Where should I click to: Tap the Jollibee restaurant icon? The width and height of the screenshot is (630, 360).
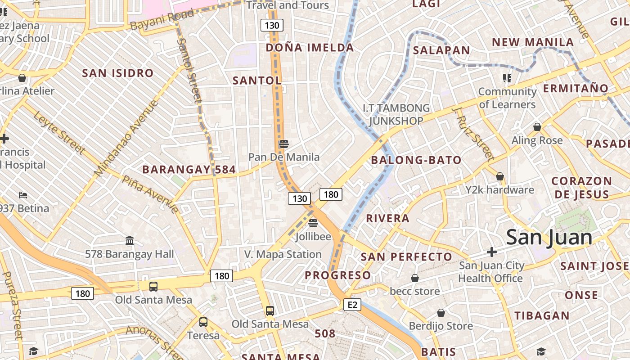pos(313,223)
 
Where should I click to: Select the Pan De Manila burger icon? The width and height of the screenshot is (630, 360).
pos(283,144)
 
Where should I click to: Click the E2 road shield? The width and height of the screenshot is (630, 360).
pos(352,305)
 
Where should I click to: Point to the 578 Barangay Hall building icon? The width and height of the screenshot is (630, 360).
pos(130,241)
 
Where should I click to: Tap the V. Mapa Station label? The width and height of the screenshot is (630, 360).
pos(283,254)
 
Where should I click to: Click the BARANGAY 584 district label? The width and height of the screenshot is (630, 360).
pos(189,170)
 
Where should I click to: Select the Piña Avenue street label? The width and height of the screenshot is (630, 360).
pos(150,193)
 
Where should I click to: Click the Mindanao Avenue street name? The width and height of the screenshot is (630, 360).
pos(127,138)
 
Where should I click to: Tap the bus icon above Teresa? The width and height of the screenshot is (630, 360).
pos(203,322)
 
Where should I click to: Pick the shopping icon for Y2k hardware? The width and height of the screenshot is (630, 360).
pos(500,176)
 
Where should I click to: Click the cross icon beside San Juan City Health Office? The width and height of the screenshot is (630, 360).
pos(492,252)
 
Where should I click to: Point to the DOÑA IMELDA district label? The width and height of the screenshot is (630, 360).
pos(310,48)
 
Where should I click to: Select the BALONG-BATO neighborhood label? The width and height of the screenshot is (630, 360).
pos(416,160)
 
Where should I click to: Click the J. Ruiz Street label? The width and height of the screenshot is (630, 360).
pos(473,134)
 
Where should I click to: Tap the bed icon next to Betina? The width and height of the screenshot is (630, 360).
pos(23,195)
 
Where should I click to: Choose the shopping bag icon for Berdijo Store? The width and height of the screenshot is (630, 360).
pos(441,313)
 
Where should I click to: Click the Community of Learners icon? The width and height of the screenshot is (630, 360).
pos(508,78)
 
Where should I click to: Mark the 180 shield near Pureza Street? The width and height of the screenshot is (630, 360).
pos(83,294)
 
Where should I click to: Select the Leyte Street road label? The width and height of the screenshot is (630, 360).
pos(59,133)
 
